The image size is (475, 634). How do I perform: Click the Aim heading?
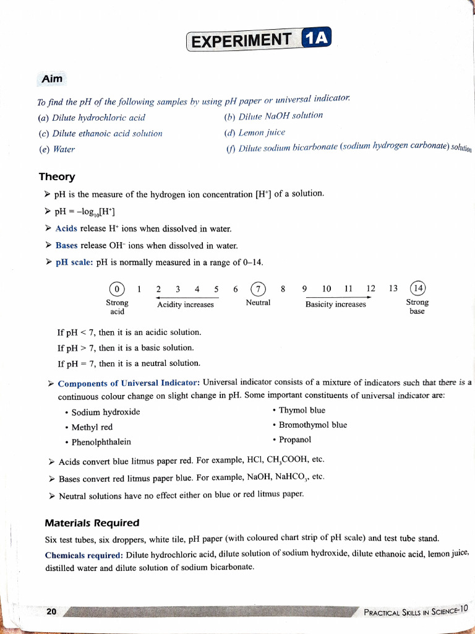tap(52, 79)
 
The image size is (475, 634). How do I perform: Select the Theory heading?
tap(57, 177)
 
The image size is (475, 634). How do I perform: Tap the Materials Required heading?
tap(92, 523)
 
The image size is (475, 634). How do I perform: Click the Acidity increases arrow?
tap(186, 297)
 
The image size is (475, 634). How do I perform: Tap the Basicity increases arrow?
tap(335, 297)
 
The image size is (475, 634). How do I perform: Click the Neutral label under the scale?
tap(258, 303)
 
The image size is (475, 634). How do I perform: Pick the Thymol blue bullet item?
tap(302, 410)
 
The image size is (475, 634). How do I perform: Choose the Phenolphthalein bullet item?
tap(101, 442)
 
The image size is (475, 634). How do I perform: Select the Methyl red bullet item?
tap(92, 427)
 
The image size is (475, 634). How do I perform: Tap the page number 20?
tap(51, 611)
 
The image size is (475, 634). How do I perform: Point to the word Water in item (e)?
tap(64, 149)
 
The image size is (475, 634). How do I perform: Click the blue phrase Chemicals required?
tap(83, 554)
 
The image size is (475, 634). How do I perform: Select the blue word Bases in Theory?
tap(67, 245)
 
